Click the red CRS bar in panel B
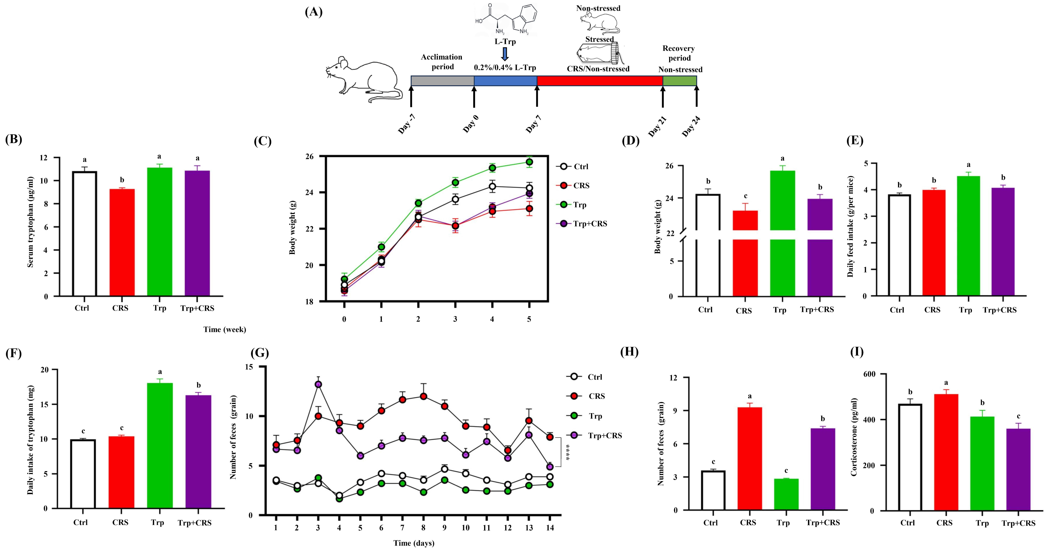click(x=122, y=243)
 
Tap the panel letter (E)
click(x=855, y=141)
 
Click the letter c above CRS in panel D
click(x=745, y=196)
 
